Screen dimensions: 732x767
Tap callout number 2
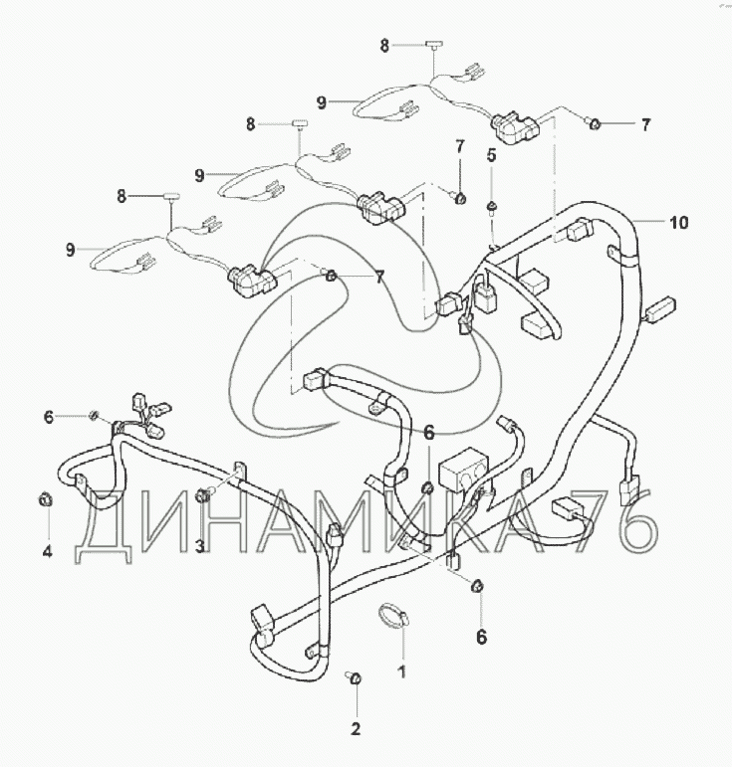click(x=356, y=729)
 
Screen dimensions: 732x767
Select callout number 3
click(x=200, y=546)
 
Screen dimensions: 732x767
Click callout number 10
click(x=677, y=222)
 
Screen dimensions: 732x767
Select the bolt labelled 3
click(x=204, y=494)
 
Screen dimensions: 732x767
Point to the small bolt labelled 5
click(x=492, y=206)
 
